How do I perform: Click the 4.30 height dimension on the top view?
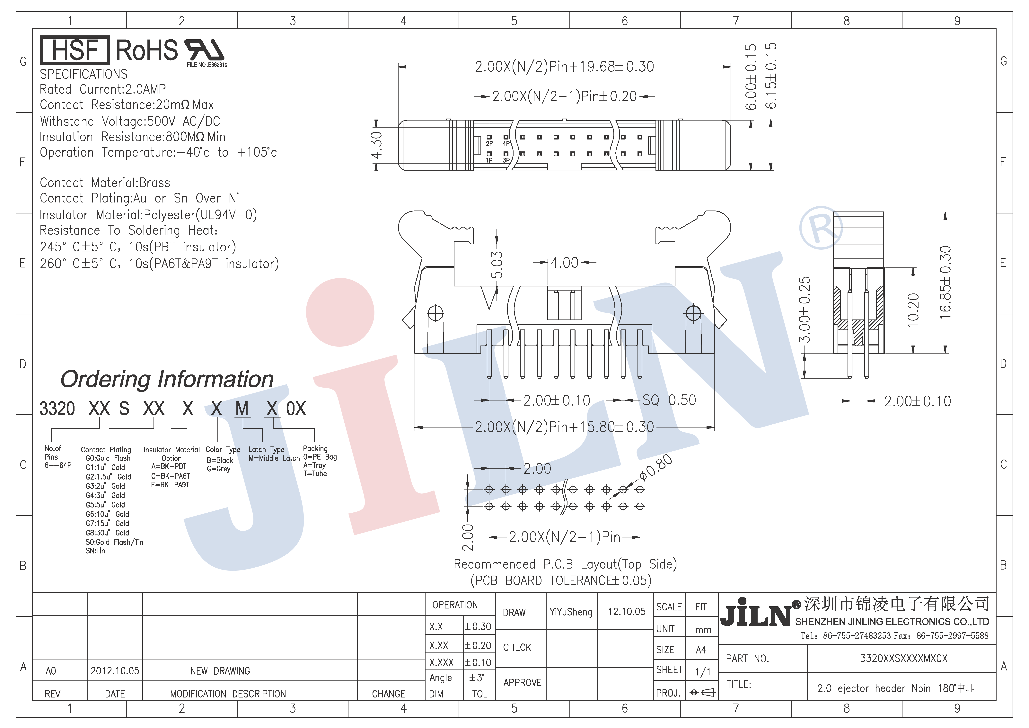pos(376,145)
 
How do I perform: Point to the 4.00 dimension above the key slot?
pos(565,263)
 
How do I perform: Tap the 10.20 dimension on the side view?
pos(913,309)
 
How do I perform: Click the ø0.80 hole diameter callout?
pos(656,467)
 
